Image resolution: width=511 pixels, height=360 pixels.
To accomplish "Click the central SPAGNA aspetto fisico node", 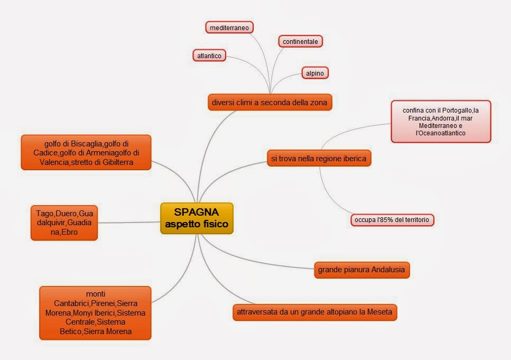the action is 197,218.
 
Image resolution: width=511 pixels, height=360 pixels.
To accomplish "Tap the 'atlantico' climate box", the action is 209,55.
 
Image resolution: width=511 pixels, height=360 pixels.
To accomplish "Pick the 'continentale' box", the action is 300,41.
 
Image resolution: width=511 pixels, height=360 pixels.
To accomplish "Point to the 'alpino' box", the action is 315,73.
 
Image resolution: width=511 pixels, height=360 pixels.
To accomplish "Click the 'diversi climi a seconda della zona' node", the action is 270,101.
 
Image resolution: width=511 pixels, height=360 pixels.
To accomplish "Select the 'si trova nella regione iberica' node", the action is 319,158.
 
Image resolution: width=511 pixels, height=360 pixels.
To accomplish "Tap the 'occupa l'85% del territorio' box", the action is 392,219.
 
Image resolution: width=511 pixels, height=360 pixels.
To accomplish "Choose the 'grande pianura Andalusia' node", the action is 361,270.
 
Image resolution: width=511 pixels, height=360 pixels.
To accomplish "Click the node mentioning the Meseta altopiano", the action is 314,312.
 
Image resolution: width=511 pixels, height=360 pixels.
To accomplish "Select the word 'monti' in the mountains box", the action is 95,293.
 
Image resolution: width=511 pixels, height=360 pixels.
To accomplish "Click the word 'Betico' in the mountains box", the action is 72,331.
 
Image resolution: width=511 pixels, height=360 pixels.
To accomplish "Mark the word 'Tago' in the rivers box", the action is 45,213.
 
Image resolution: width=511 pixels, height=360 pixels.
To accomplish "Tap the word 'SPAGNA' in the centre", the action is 197,212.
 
